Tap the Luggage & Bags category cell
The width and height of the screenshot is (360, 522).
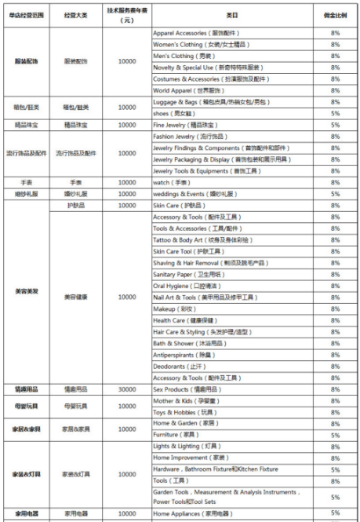coord(208,102)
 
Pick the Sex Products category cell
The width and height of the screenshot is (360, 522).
coord(189,389)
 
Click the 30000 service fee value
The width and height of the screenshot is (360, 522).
coord(127,389)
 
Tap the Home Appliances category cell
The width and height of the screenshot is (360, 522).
coord(193,514)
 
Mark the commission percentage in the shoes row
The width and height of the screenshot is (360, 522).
coord(335,114)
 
